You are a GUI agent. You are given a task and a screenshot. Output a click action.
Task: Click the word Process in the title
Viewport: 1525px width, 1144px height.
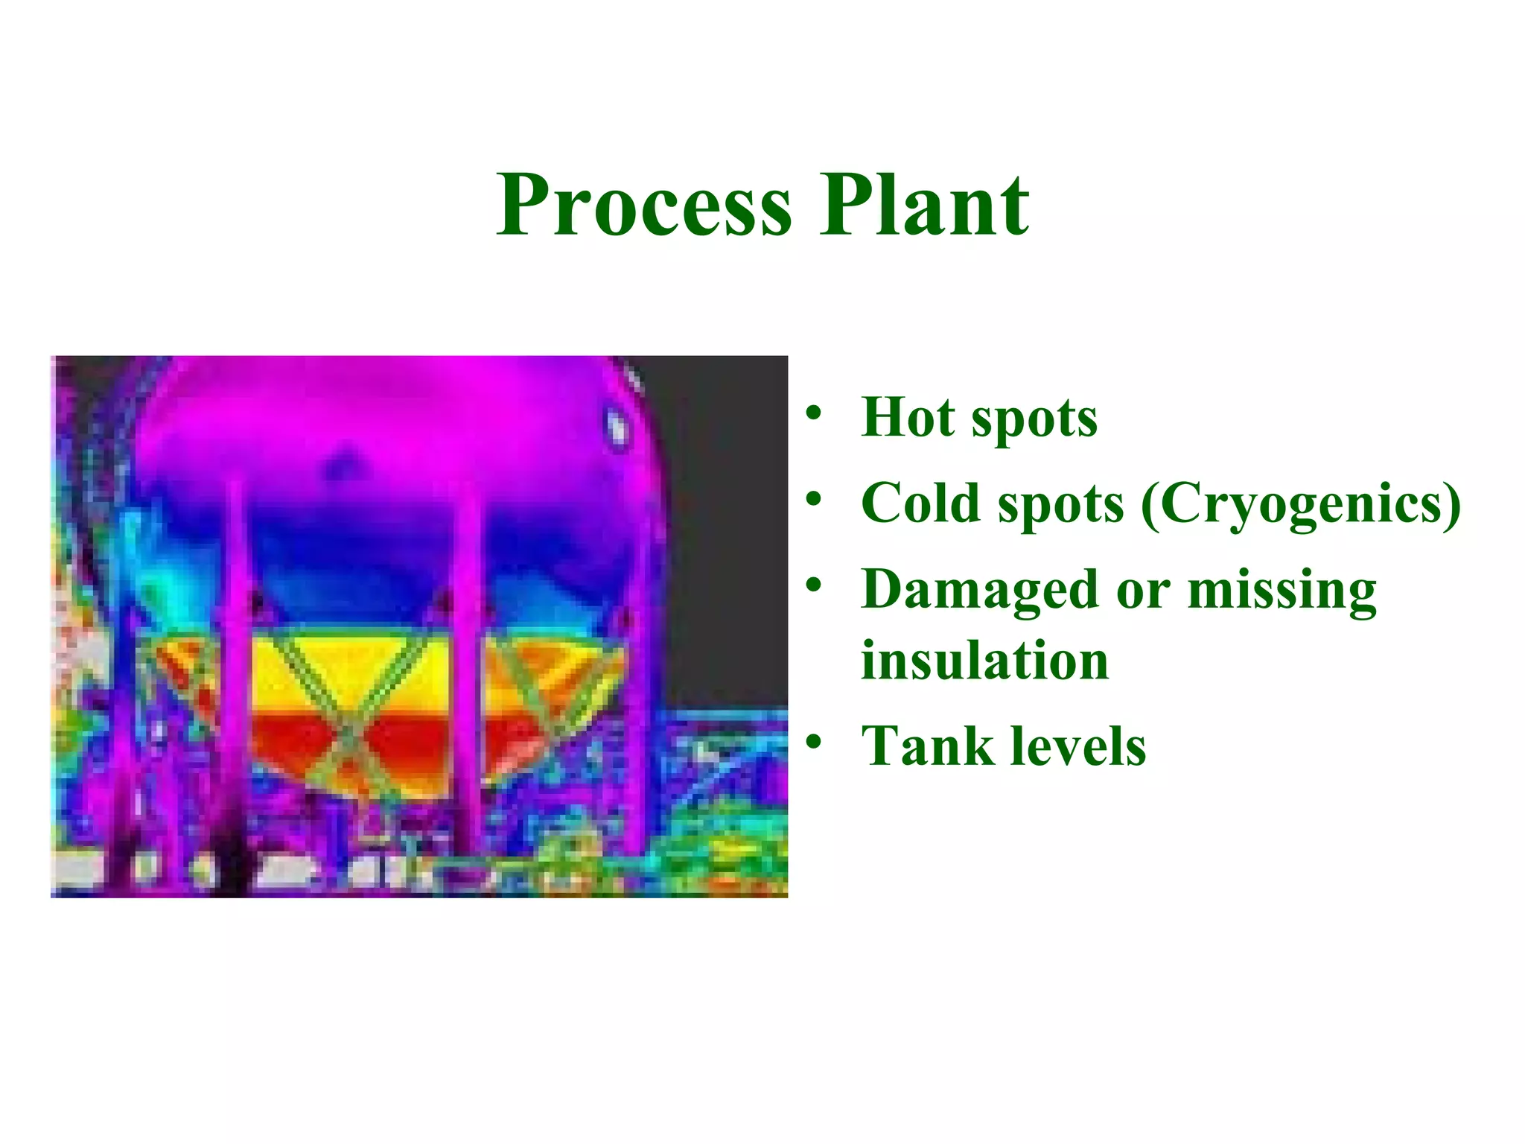(x=645, y=205)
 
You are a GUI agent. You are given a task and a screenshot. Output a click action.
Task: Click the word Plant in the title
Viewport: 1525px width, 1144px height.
(x=925, y=205)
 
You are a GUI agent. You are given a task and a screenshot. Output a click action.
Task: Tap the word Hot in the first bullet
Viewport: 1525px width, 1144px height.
(x=907, y=417)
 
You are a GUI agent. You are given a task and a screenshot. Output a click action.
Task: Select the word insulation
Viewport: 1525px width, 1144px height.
(x=984, y=661)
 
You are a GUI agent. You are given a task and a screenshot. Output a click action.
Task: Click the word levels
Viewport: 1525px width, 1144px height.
(x=1078, y=746)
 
